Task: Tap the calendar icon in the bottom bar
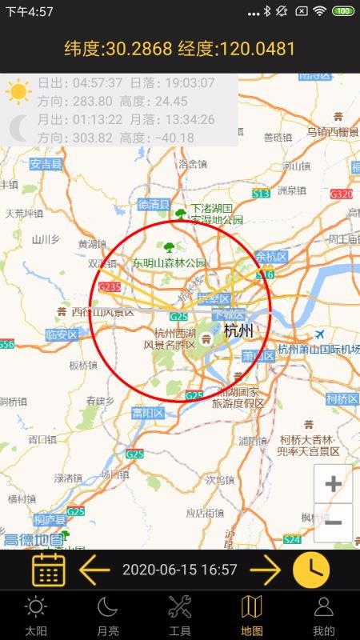pyautogui.click(x=49, y=570)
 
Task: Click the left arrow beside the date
pyautogui.click(x=94, y=570)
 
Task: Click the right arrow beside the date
pyautogui.click(x=265, y=570)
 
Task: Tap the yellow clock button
pyautogui.click(x=311, y=570)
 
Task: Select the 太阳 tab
pyautogui.click(x=36, y=614)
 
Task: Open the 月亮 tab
pyautogui.click(x=108, y=614)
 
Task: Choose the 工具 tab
pyautogui.click(x=180, y=614)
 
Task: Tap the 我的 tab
pyautogui.click(x=323, y=614)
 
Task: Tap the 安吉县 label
pyautogui.click(x=46, y=165)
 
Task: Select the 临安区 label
pyautogui.click(x=62, y=334)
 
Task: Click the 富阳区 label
pyautogui.click(x=147, y=413)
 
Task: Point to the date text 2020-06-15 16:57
pyautogui.click(x=179, y=570)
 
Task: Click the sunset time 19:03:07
pyautogui.click(x=188, y=82)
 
